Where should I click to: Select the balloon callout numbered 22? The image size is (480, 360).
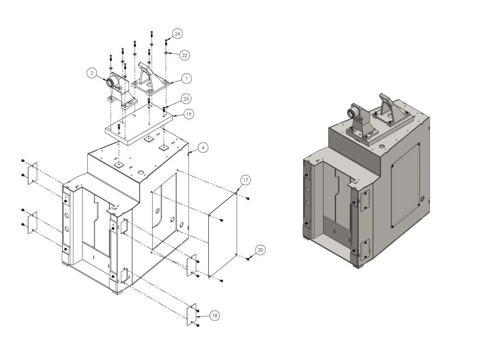(184, 55)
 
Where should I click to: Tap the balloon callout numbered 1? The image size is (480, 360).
(187, 77)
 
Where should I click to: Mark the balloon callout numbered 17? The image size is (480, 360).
(245, 180)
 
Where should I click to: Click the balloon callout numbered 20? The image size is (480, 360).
(260, 250)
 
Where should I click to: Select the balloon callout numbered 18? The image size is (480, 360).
(215, 315)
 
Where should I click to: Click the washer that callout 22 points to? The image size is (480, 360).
(166, 51)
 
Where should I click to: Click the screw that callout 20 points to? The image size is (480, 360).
(248, 259)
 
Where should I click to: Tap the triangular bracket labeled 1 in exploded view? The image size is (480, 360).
(151, 79)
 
